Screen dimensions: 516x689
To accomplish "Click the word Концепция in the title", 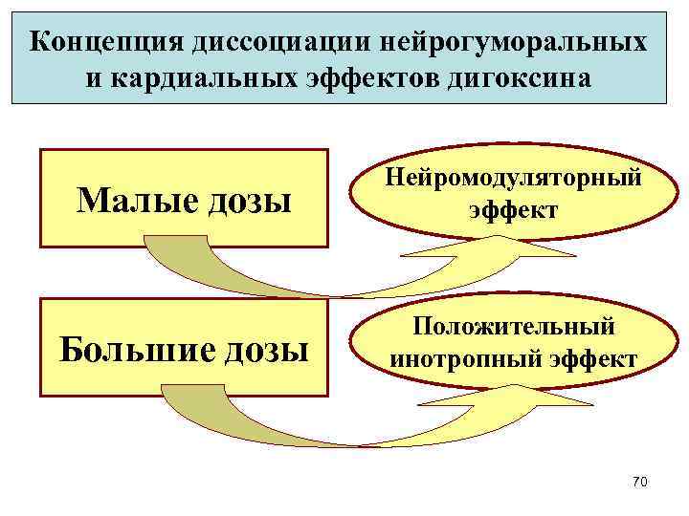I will (x=105, y=42).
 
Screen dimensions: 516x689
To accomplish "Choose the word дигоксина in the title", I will (x=516, y=77).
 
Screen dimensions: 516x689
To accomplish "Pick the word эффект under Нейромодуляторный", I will (x=514, y=207).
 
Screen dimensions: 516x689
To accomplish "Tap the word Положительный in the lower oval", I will (x=514, y=327).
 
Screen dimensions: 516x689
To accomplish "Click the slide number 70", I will (x=640, y=483).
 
